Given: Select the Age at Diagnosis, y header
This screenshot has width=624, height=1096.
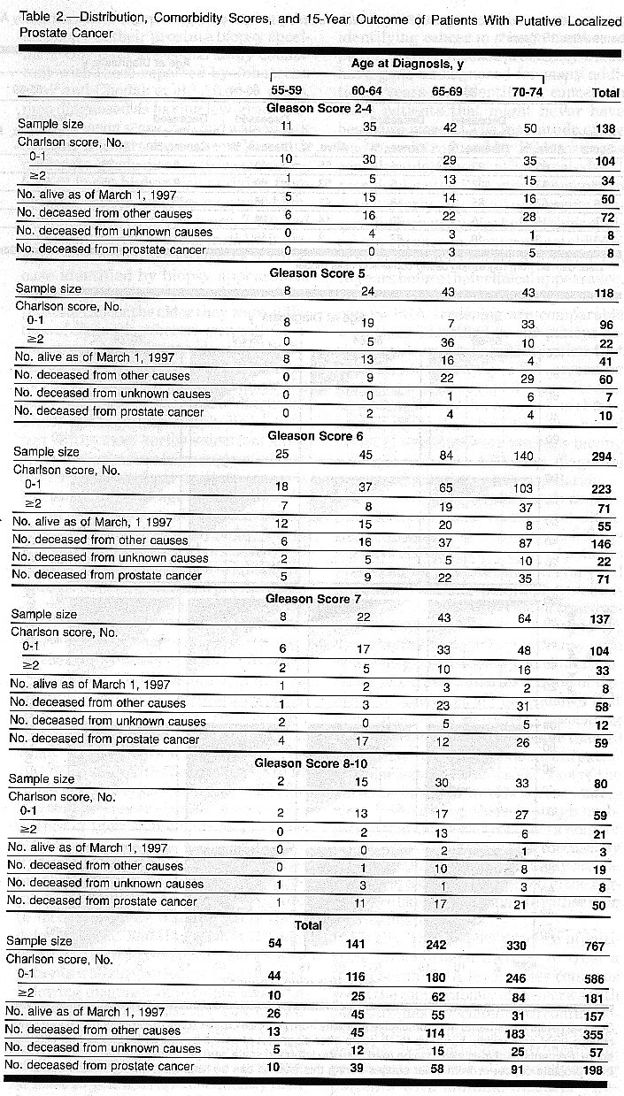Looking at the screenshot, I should pos(408,65).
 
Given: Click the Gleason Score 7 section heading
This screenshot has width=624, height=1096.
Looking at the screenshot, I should pos(313,599).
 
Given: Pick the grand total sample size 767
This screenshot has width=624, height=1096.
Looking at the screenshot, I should pos(595,946).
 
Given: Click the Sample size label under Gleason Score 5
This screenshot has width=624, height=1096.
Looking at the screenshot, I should pos(49,288).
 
